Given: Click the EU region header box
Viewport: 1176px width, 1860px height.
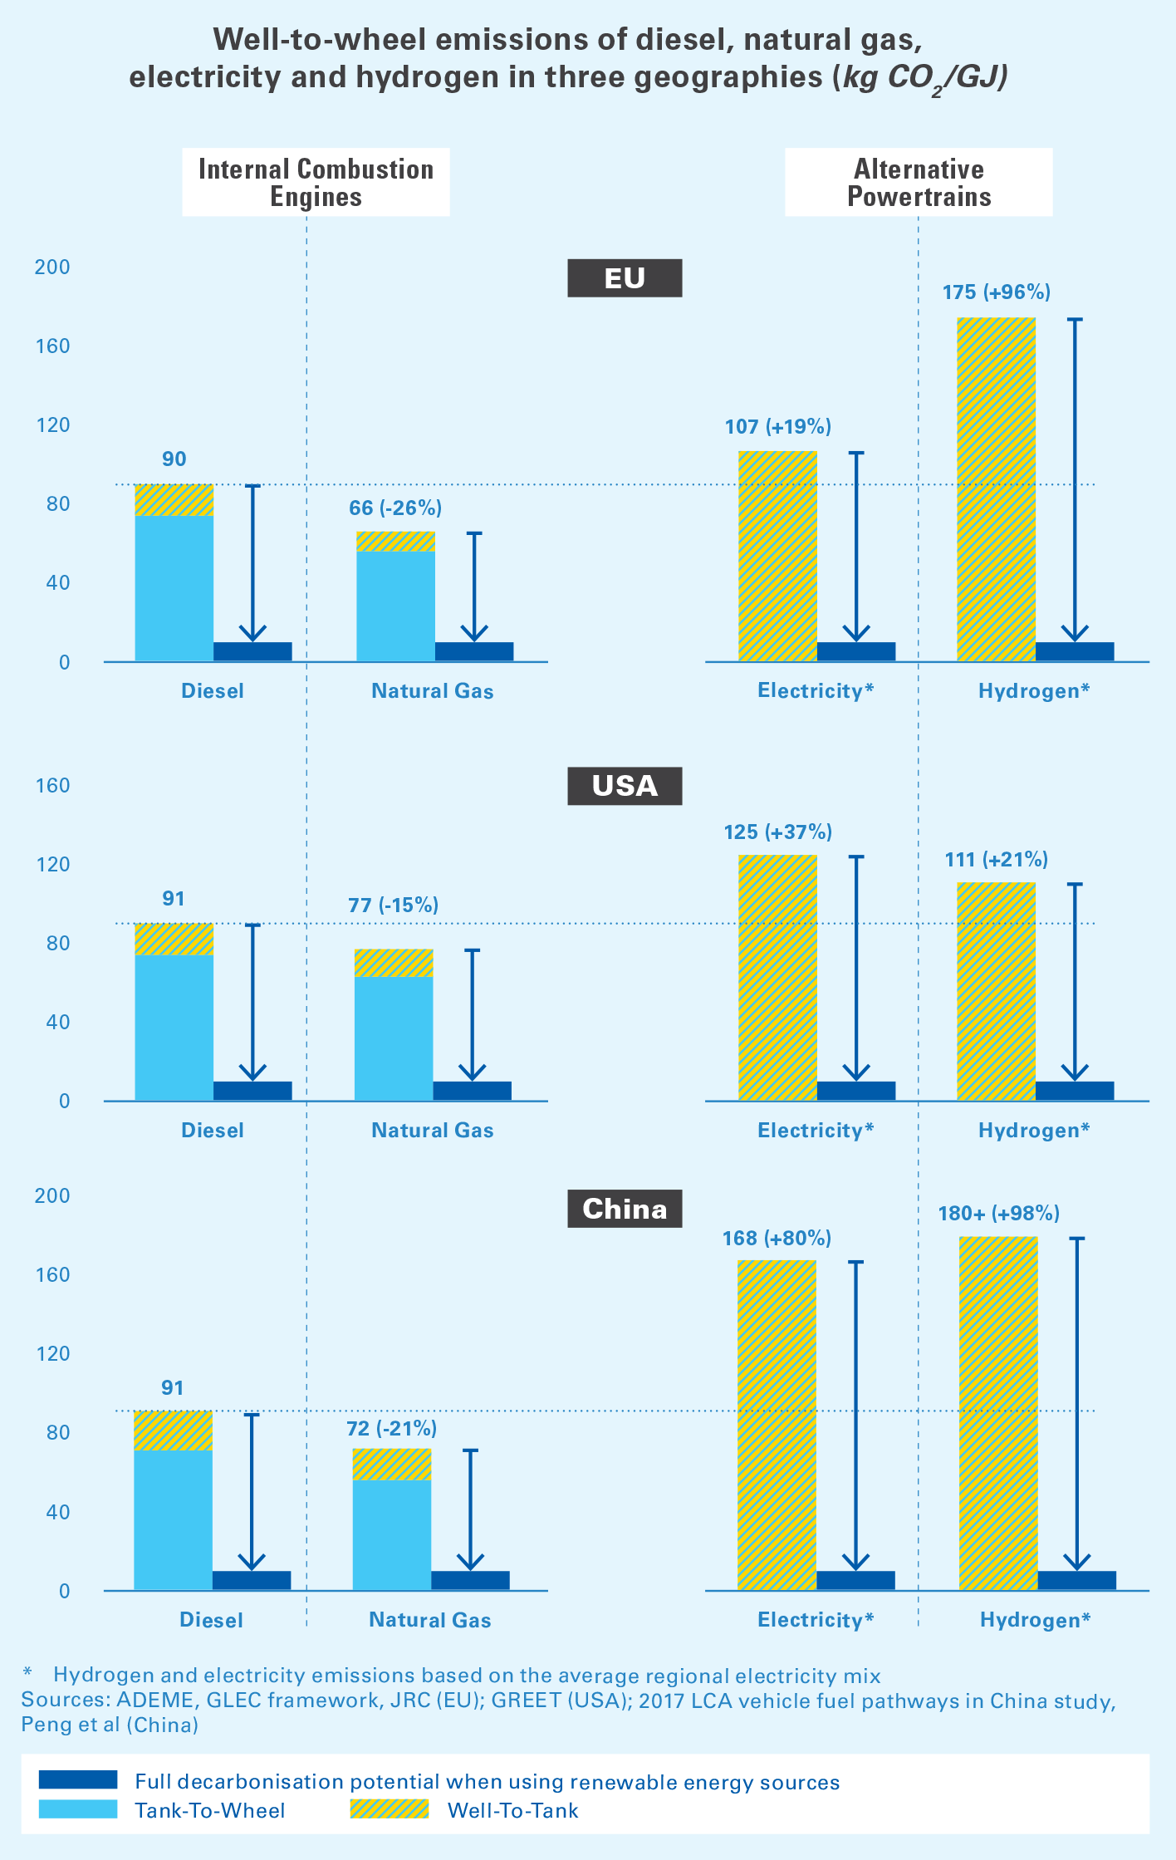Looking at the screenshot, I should tap(625, 278).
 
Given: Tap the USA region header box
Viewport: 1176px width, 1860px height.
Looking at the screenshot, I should tap(625, 786).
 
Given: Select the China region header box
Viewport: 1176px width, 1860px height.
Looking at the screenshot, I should tap(625, 1209).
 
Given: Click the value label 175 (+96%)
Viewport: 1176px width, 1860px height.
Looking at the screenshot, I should tap(996, 292).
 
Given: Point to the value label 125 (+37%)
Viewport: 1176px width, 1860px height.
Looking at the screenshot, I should tap(777, 832).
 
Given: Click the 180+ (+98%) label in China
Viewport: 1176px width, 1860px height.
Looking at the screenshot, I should tap(998, 1214).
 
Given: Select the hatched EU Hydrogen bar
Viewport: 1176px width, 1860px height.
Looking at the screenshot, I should tap(996, 490).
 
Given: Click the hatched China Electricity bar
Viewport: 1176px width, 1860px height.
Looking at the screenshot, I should tap(777, 1425).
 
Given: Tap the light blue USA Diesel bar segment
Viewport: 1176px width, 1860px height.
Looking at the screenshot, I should tap(174, 1028).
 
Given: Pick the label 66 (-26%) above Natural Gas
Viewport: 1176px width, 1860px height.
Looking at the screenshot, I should tap(395, 508).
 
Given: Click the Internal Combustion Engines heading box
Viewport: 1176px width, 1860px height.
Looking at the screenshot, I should tap(316, 183).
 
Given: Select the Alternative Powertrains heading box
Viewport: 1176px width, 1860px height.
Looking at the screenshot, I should tap(919, 183).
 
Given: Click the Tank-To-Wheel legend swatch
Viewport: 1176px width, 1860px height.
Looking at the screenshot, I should tap(78, 1809).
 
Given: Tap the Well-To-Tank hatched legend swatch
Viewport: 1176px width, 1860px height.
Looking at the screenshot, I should tap(389, 1809).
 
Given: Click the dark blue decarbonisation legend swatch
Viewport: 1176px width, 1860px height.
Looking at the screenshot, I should tap(78, 1780).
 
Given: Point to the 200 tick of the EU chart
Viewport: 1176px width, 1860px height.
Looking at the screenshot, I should tap(51, 267).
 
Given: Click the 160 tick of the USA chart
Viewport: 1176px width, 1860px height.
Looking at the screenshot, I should tap(51, 786).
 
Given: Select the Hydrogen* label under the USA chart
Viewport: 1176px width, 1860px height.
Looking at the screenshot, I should tap(1033, 1131).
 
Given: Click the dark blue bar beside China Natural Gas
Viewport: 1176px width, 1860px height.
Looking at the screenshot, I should tap(470, 1580).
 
